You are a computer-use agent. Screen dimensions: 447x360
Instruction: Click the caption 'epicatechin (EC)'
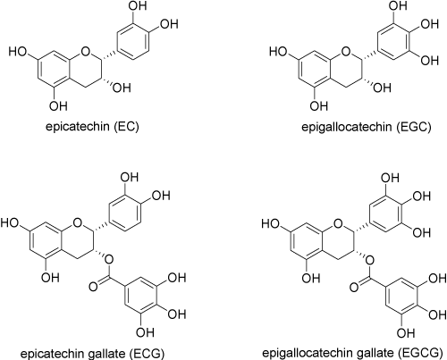[92, 127]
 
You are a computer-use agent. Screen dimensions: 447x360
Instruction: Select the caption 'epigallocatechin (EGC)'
[367, 127]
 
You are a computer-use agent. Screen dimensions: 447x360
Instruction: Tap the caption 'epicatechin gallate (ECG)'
[92, 354]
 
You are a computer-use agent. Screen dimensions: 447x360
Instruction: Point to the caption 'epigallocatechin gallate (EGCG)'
[352, 353]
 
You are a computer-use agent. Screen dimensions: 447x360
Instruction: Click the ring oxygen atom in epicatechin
[85, 52]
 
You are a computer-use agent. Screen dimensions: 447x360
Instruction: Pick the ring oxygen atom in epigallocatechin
[346, 52]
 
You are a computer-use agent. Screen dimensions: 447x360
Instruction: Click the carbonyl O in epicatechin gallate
[94, 287]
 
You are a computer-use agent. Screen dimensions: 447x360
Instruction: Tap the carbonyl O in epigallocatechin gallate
[354, 288]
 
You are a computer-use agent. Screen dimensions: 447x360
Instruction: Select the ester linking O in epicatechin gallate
[109, 260]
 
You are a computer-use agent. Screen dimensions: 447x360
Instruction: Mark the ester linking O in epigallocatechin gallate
[369, 261]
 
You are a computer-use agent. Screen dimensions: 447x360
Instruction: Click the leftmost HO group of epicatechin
[18, 52]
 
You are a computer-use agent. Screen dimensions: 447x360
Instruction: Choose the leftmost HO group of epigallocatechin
[278, 52]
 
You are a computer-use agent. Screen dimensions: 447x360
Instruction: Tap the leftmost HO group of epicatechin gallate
[10, 222]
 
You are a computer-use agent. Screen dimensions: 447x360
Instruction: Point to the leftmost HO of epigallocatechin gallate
[271, 223]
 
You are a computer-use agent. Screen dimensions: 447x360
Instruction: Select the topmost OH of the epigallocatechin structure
[398, 6]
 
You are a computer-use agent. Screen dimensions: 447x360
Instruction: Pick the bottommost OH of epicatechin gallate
[145, 332]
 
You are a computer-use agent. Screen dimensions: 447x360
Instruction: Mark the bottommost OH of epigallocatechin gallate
[406, 332]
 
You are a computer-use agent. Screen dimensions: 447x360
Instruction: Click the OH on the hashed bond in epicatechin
[122, 88]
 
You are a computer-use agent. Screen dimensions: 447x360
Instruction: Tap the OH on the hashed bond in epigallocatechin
[383, 88]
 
